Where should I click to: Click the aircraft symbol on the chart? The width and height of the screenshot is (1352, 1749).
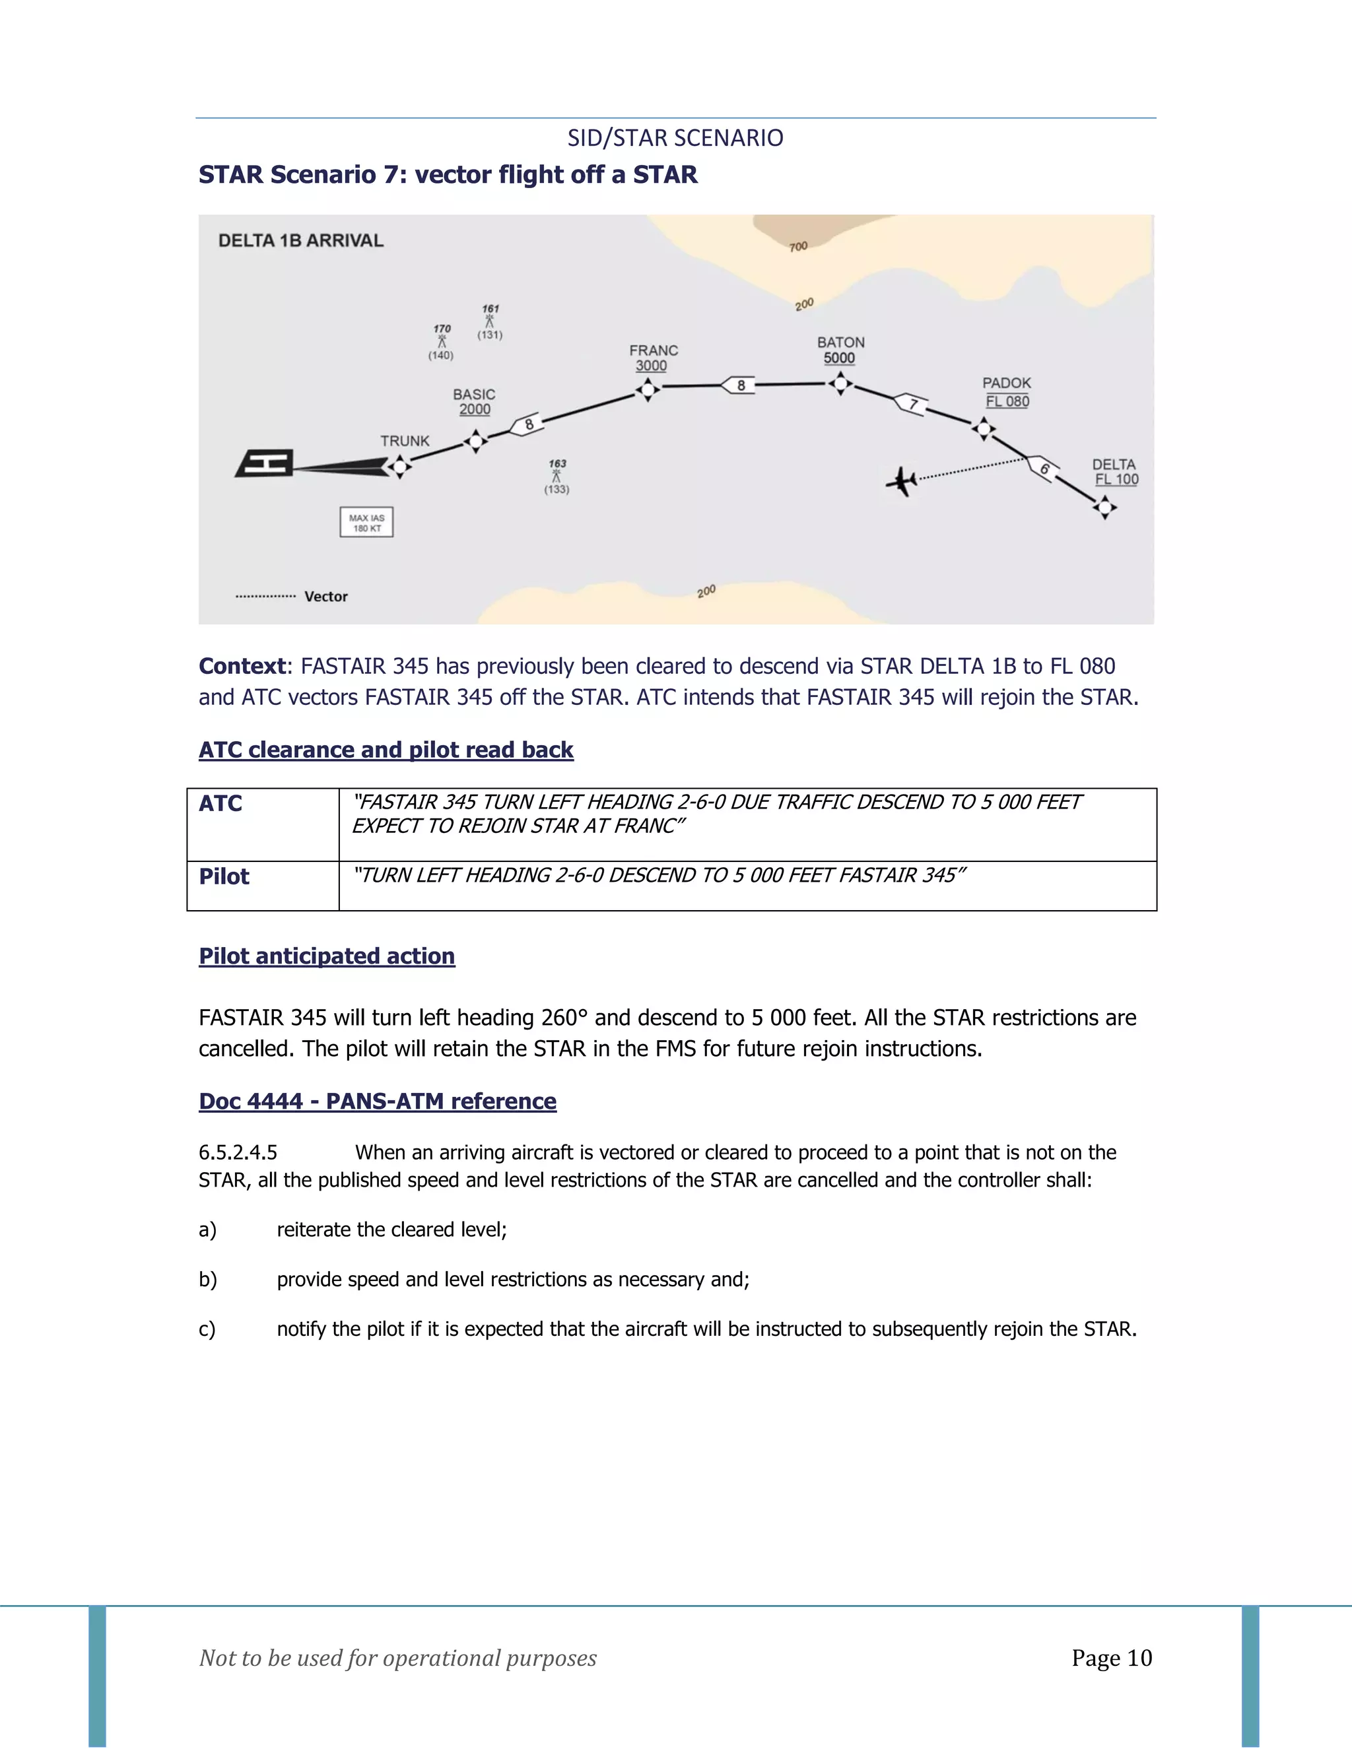click(902, 481)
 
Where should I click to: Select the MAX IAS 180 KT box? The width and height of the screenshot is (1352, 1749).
click(367, 522)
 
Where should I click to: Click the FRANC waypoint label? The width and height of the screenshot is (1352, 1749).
click(654, 350)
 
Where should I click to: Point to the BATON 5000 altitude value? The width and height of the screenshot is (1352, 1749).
click(840, 359)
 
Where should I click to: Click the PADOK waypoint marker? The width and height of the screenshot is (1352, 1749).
click(984, 429)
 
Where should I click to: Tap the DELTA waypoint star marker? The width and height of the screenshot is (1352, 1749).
click(1104, 507)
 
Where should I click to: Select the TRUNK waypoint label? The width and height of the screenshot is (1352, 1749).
click(405, 442)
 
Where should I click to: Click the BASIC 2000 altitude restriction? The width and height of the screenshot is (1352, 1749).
click(475, 410)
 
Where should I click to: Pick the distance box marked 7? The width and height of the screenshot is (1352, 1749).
click(910, 404)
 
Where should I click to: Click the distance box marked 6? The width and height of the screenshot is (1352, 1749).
click(1043, 469)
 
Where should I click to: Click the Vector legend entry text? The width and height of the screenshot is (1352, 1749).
click(326, 597)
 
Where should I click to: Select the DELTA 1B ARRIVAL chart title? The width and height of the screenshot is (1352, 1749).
click(301, 240)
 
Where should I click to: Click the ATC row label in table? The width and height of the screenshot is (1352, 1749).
click(221, 803)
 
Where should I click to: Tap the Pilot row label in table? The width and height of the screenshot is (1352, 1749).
click(224, 877)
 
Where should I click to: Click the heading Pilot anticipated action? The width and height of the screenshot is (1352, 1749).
click(327, 956)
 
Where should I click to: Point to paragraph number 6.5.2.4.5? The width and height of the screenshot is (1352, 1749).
click(238, 1152)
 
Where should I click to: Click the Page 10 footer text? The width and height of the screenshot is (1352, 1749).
click(1112, 1658)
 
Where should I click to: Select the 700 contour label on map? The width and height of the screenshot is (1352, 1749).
click(799, 247)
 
